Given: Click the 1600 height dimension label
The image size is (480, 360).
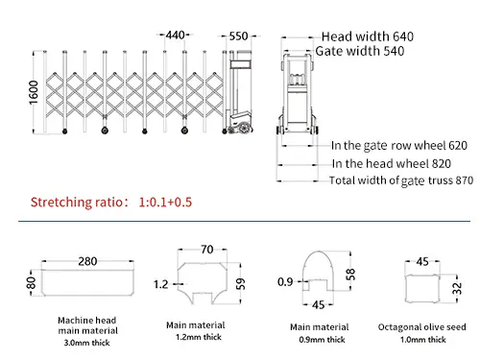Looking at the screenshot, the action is pos(34,92).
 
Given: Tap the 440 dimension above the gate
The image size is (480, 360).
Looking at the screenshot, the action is pos(175,35).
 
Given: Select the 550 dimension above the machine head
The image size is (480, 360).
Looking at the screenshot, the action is pos(238,36).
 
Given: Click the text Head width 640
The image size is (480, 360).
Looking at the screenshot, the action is pos(368,36).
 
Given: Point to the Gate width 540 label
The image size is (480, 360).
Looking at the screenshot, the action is pos(360,51).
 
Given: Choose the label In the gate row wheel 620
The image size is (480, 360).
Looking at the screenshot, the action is pos(399,146).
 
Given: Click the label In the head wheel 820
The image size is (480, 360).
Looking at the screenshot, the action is pos(392,163).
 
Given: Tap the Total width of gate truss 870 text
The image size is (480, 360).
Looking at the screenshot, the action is pos(401,180).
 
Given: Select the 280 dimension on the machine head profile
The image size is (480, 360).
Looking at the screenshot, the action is pos(87,261).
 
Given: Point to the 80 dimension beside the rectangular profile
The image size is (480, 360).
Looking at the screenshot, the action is pos(31,283).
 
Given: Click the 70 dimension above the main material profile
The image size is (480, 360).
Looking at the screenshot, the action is pos(207,250).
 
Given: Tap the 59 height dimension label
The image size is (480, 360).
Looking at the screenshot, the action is pos(240,283).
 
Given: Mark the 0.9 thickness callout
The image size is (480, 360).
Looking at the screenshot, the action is pos(285,282).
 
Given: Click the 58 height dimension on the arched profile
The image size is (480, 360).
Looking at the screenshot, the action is pos(350,275).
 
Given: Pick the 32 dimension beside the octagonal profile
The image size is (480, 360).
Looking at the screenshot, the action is pos(457,289).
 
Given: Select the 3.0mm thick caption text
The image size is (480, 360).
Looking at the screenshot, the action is pos(86,343).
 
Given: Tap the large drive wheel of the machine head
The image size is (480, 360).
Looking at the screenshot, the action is pos(244,128).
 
